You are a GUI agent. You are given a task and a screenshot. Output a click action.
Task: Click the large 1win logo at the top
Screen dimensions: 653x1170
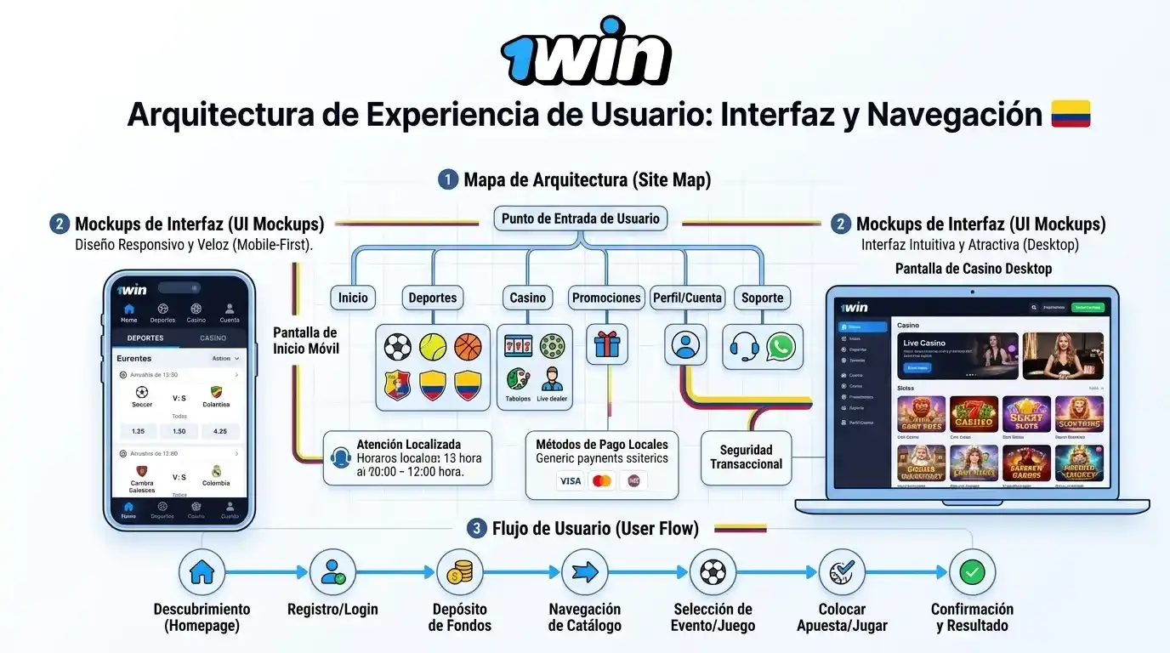(x=585, y=53)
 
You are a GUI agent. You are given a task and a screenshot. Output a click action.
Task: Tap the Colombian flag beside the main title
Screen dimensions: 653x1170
(x=1071, y=114)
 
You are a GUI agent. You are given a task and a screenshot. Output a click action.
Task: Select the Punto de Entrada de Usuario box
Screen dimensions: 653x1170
(x=581, y=219)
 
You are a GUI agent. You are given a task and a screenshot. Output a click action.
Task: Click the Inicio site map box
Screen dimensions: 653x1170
(x=353, y=298)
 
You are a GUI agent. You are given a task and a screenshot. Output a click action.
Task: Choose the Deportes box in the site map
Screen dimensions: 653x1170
(x=433, y=298)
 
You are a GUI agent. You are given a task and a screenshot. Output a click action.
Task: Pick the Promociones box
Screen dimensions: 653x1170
(x=606, y=298)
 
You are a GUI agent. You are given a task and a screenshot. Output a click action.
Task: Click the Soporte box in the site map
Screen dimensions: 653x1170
(x=762, y=298)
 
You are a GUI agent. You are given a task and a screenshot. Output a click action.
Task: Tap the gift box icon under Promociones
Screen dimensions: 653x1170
(x=607, y=344)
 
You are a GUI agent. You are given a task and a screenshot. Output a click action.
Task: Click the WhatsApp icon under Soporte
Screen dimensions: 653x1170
(x=781, y=346)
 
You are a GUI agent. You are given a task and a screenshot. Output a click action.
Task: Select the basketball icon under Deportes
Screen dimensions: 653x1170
(x=468, y=346)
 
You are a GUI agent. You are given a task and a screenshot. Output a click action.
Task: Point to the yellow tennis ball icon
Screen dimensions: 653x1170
(x=433, y=346)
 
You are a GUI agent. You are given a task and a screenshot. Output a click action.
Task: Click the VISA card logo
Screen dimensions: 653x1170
(x=571, y=481)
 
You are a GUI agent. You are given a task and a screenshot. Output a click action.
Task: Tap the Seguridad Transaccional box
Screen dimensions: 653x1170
(x=746, y=457)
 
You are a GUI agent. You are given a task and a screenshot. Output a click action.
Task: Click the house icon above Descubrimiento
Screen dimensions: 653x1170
(x=202, y=572)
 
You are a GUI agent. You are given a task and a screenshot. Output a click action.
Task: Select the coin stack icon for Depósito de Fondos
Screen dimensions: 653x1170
(x=459, y=572)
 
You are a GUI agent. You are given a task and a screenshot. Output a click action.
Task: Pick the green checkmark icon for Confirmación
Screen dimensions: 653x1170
(x=972, y=572)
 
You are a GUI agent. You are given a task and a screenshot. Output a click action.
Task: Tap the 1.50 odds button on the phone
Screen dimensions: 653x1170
(x=179, y=431)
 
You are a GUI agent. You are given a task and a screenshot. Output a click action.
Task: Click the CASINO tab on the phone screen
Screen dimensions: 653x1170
(x=213, y=338)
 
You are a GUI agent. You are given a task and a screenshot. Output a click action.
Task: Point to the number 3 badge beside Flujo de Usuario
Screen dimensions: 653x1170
(x=477, y=529)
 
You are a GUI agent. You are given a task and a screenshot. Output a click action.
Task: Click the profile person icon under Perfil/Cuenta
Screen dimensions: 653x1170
(x=684, y=345)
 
